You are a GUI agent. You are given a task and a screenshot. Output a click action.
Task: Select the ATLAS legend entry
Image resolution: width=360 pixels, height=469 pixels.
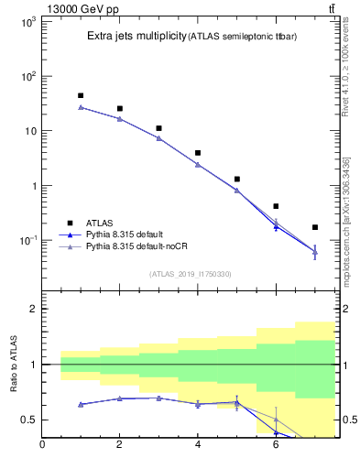[x=100, y=223]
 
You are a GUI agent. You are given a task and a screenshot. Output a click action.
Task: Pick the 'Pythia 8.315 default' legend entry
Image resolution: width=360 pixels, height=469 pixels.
[x=130, y=234]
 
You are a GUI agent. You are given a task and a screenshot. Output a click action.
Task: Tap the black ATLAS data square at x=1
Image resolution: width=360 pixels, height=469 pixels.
[x=81, y=95]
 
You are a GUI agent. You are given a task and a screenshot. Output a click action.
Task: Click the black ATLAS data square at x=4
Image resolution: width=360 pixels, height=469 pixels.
[x=198, y=153]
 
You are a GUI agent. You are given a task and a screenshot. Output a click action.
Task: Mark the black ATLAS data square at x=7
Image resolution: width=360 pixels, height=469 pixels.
[x=315, y=227]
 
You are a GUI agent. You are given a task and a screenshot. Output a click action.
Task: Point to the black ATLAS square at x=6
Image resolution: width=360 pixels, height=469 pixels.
[x=276, y=206]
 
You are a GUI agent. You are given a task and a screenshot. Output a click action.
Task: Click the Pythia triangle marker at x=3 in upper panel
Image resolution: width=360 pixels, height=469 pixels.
[x=158, y=138]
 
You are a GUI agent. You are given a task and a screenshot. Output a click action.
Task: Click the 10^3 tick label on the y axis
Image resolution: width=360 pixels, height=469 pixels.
[x=26, y=21]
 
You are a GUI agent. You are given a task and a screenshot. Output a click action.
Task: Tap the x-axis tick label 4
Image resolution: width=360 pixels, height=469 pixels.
[x=198, y=445]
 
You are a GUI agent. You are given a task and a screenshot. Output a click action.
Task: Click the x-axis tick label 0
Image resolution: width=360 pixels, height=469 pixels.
[x=42, y=445]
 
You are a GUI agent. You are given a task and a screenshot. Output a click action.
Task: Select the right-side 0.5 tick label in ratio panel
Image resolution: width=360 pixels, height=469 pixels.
[x=347, y=420]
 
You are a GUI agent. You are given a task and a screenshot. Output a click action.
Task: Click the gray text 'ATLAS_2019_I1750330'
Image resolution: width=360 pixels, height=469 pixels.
[x=191, y=274]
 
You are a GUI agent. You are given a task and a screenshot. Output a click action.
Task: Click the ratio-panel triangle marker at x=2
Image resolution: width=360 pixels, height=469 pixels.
[x=119, y=398]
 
